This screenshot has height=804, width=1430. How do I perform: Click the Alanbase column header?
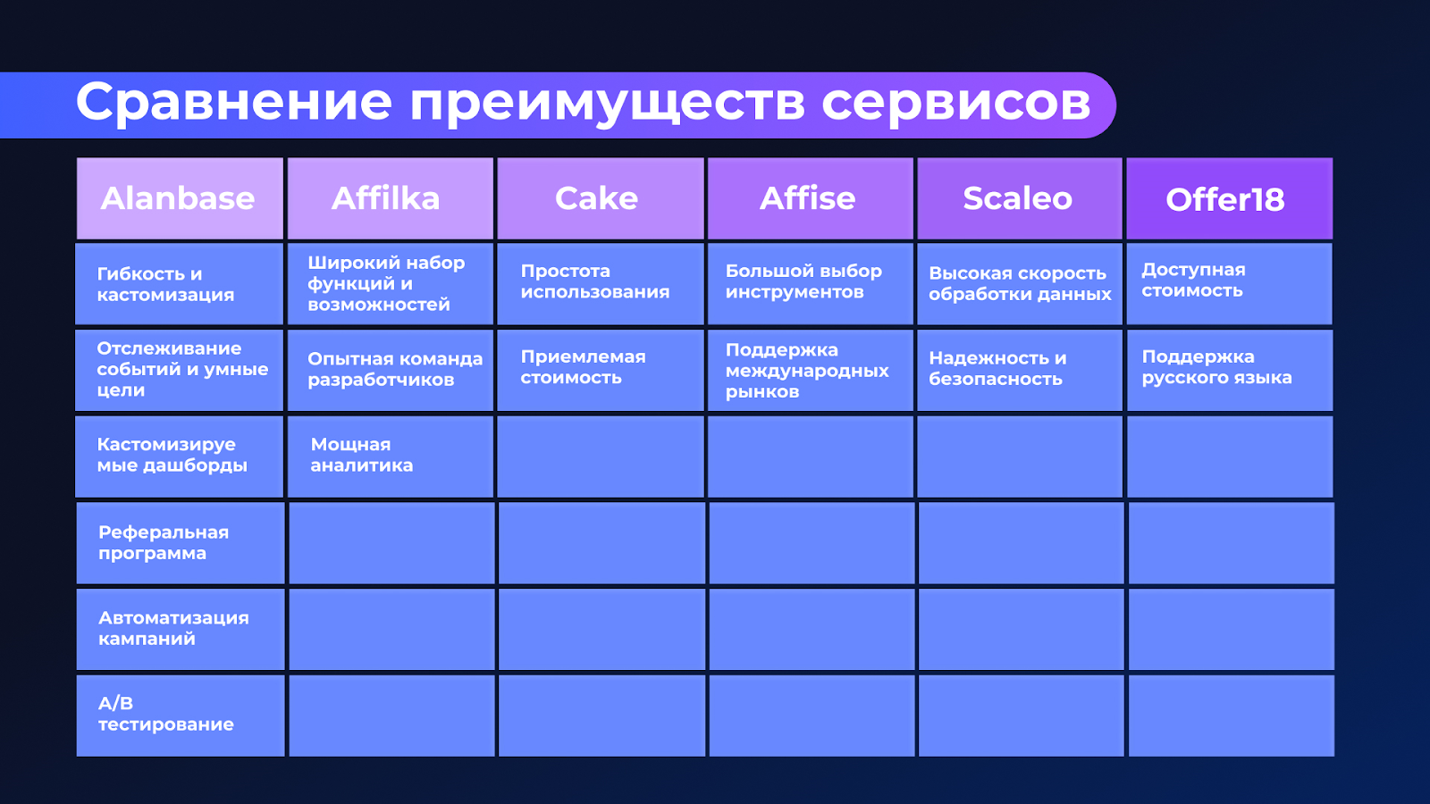(179, 198)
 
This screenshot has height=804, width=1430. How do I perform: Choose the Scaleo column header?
(1019, 198)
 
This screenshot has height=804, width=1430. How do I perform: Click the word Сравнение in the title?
(234, 102)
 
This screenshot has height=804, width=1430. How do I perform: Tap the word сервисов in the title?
(956, 102)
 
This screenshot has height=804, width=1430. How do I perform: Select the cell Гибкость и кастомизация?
(179, 284)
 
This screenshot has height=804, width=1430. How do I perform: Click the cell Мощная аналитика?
(390, 456)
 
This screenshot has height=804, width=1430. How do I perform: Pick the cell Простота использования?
(600, 282)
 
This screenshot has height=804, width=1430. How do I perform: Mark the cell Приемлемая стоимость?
(600, 368)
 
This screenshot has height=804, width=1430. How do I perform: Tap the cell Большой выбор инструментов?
(810, 282)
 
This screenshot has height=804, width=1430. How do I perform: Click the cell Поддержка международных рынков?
(810, 371)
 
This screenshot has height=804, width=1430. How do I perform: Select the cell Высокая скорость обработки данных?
(1019, 284)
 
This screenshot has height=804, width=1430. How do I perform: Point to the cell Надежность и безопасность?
(1019, 369)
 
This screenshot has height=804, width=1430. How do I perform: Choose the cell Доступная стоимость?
(1228, 281)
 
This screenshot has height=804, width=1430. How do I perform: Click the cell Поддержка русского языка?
(1228, 368)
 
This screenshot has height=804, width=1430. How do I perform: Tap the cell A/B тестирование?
(179, 715)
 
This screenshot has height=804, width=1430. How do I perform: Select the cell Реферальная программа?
(179, 543)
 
